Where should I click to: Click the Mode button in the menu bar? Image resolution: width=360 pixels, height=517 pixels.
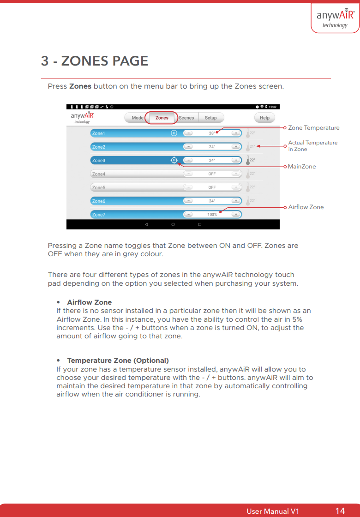point(137,118)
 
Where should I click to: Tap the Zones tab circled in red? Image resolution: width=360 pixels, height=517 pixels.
point(162,118)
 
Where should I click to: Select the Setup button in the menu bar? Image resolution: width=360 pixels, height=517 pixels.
point(210,118)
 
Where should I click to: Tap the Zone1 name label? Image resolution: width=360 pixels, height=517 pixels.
point(99,133)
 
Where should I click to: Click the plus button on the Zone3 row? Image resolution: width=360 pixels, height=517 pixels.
point(236,160)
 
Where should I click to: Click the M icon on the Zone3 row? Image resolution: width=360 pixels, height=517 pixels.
point(174,160)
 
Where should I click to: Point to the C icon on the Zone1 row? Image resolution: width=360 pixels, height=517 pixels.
point(174,133)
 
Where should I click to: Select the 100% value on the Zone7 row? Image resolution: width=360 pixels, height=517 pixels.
point(212,215)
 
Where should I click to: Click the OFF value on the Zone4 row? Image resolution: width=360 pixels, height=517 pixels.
point(212,174)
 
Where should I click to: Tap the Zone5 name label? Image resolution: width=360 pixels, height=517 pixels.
point(99,188)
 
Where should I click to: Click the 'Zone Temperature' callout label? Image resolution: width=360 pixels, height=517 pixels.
point(314,128)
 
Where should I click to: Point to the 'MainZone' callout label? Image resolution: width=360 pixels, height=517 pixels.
point(302,166)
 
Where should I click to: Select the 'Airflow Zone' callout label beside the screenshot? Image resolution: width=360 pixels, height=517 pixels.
point(306,207)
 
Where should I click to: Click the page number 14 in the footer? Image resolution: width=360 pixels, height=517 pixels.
point(340,511)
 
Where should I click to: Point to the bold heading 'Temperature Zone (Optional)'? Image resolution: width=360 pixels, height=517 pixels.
point(118,361)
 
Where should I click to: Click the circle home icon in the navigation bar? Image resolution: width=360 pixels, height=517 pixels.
point(173,224)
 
